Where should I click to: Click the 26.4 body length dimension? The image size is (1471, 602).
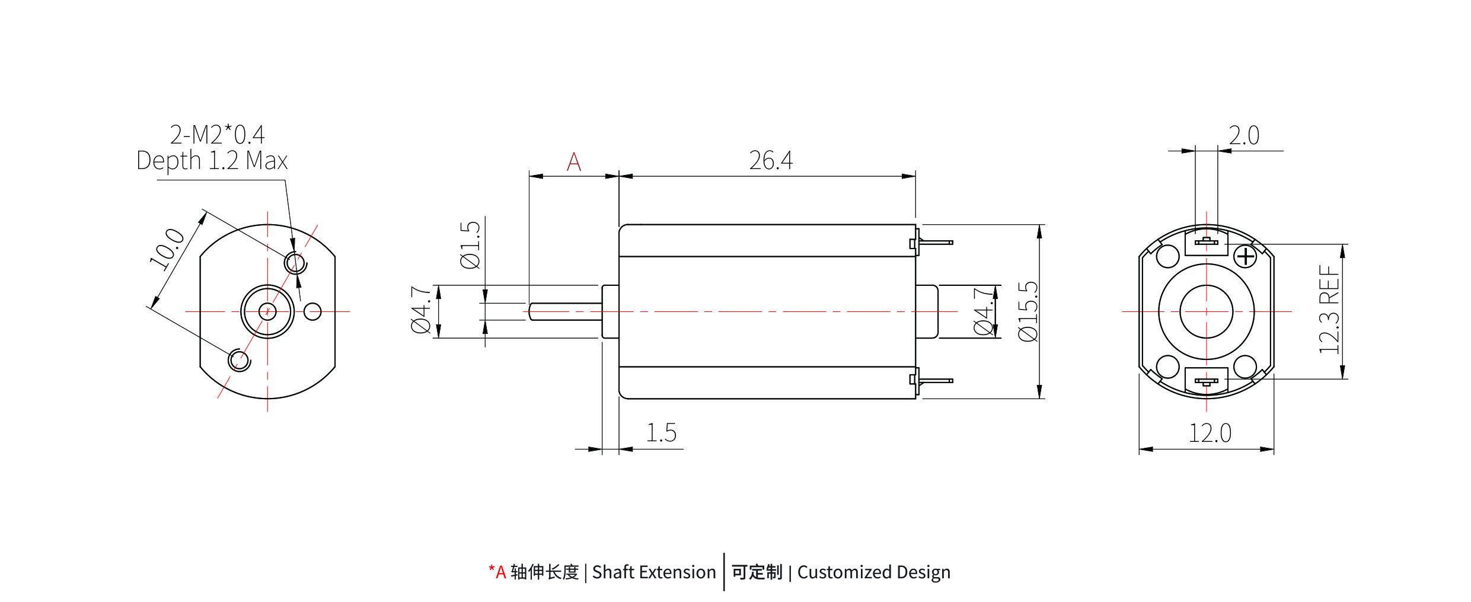pyautogui.click(x=770, y=160)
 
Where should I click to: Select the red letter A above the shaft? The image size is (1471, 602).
pyautogui.click(x=573, y=162)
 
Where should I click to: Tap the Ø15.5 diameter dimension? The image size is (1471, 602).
pyautogui.click(x=1028, y=311)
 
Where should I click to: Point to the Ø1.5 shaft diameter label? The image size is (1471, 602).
pyautogui.click(x=470, y=245)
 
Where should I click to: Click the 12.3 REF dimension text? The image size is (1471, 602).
pyautogui.click(x=1329, y=310)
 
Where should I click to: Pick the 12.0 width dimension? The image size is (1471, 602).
pyautogui.click(x=1210, y=433)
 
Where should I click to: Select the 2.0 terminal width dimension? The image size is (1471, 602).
pyautogui.click(x=1243, y=136)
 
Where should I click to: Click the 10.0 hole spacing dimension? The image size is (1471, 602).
pyautogui.click(x=167, y=249)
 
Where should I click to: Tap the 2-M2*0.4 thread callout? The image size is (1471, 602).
pyautogui.click(x=217, y=135)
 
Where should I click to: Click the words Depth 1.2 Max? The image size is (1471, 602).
pyautogui.click(x=212, y=161)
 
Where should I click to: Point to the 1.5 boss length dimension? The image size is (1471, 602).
pyautogui.click(x=660, y=433)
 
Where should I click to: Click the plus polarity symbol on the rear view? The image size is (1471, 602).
pyautogui.click(x=1245, y=257)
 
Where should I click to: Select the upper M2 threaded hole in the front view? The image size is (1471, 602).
pyautogui.click(x=295, y=262)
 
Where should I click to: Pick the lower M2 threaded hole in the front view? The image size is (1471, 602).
pyautogui.click(x=239, y=360)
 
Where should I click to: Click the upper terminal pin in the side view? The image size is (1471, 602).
pyautogui.click(x=936, y=243)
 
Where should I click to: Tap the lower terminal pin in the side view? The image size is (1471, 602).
pyautogui.click(x=936, y=380)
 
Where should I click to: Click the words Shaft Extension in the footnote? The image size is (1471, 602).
pyautogui.click(x=653, y=572)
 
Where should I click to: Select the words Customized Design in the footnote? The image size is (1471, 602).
pyautogui.click(x=873, y=572)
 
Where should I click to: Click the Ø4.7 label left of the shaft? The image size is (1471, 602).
pyautogui.click(x=421, y=310)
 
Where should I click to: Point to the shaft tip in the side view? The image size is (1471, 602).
pyautogui.click(x=532, y=311)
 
